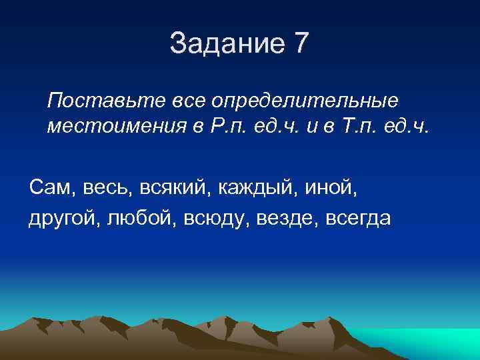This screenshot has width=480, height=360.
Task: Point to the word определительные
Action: click(305, 101)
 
